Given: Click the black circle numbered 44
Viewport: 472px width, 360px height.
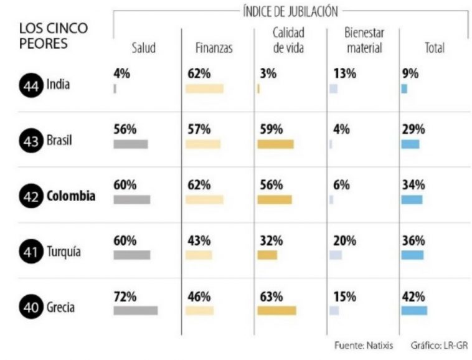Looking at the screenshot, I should pos(31,85).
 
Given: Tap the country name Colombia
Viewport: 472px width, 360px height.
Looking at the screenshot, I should pos(71,196).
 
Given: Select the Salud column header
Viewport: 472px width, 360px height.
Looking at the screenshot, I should pos(143,48).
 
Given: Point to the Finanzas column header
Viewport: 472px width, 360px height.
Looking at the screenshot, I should pos(214,48).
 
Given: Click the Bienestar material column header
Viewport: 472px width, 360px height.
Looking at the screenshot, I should pos(364,40).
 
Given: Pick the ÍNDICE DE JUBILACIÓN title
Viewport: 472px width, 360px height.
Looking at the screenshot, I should pos(290,11).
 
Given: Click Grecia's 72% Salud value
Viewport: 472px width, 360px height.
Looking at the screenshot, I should pos(125,296).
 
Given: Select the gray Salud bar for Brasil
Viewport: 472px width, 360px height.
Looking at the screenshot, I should pos(131,144).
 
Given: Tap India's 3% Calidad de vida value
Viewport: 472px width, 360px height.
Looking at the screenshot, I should pos(268,73).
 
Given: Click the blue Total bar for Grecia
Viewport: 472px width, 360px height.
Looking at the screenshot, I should pos(414,310).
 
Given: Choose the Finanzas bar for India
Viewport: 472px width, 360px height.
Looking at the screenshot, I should pos(204,88).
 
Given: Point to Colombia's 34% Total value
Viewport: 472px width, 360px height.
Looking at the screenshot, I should pos(413,185).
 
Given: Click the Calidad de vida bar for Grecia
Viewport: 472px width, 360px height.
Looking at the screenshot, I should pos(276,310).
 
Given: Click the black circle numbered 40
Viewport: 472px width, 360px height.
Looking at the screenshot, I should pos(31,306).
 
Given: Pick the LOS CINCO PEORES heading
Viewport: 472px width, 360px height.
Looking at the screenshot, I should pos(54,36).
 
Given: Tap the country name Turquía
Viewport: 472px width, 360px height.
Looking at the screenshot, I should pos(65,252).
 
